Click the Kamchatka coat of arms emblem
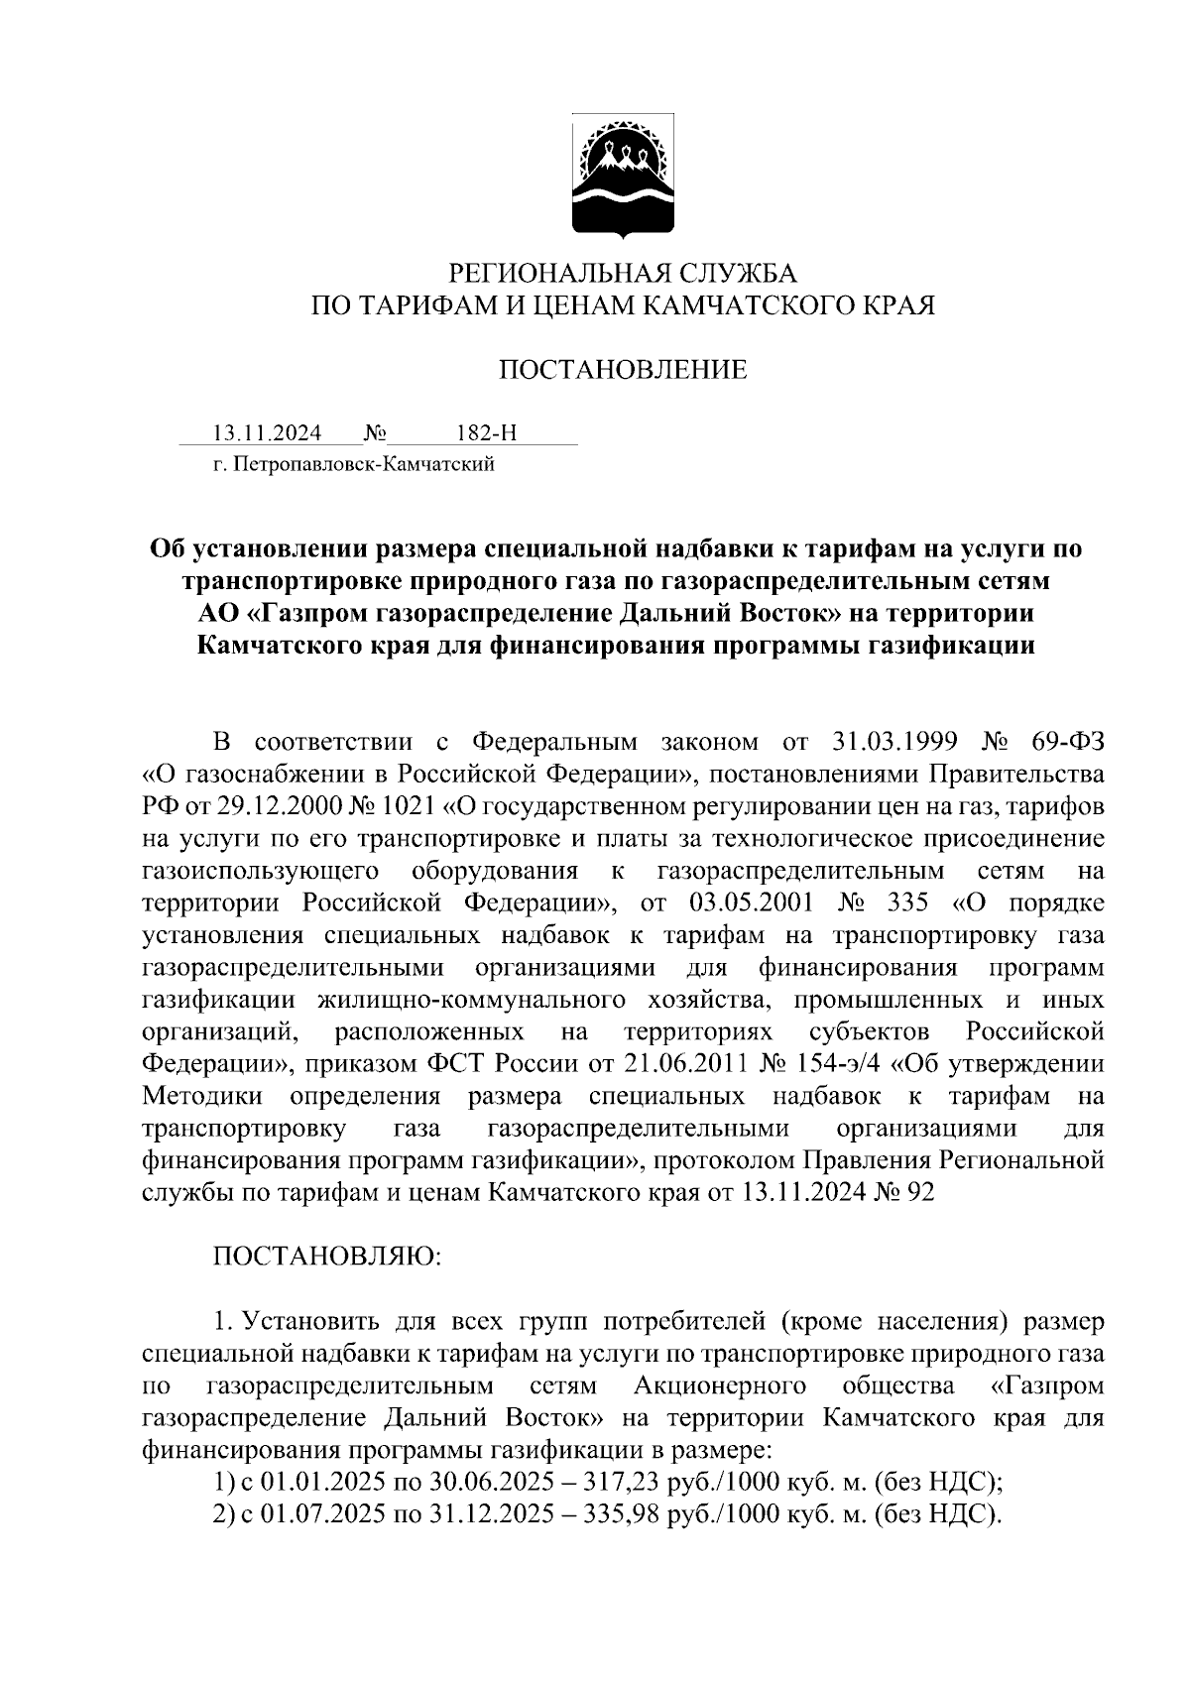click(623, 177)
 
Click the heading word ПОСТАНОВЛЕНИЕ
click(622, 371)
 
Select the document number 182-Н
click(486, 433)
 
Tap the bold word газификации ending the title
click(951, 646)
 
